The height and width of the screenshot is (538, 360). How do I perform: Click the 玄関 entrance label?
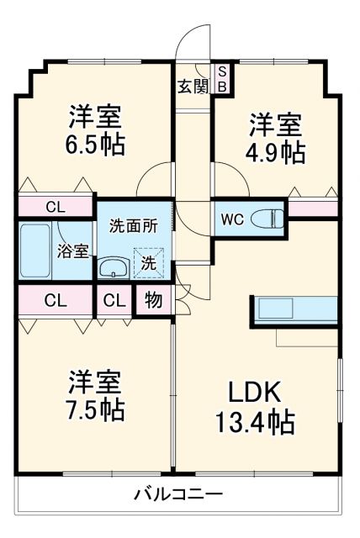(x=193, y=84)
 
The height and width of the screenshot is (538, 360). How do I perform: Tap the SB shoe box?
(x=223, y=78)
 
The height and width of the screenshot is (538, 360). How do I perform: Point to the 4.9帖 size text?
(x=275, y=151)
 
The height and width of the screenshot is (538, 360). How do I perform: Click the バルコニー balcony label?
(x=178, y=494)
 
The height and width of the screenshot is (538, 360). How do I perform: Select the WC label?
(x=232, y=220)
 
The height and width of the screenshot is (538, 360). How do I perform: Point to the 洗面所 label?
(x=133, y=226)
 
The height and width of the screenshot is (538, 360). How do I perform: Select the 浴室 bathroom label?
(x=72, y=251)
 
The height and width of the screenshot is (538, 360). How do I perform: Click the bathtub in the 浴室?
(x=35, y=251)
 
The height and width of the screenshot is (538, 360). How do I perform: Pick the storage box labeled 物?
(x=154, y=301)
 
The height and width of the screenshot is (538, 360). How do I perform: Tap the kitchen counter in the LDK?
(x=294, y=309)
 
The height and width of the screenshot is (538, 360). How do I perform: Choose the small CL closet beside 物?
(x=115, y=301)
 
